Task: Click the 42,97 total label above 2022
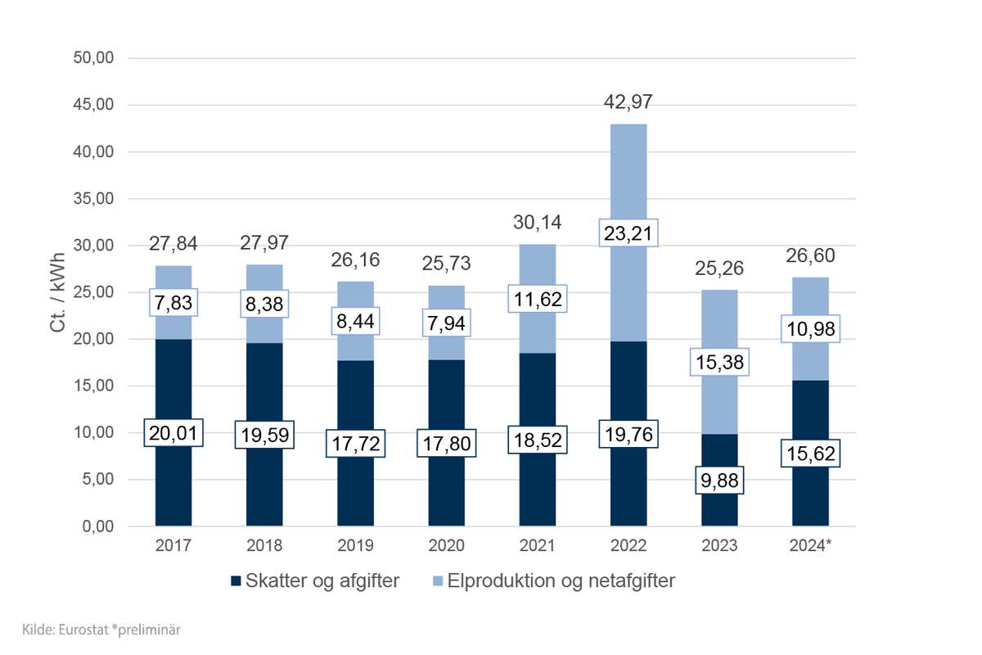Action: (x=628, y=102)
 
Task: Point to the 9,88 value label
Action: (x=719, y=481)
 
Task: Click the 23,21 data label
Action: (x=628, y=233)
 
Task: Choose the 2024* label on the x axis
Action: (x=810, y=545)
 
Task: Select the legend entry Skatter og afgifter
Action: (x=315, y=581)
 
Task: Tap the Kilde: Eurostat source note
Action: (x=97, y=630)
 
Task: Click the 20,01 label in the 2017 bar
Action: (x=173, y=433)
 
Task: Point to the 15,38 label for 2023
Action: (x=719, y=362)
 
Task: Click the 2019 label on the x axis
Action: (x=355, y=545)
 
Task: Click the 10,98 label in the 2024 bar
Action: (x=810, y=328)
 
